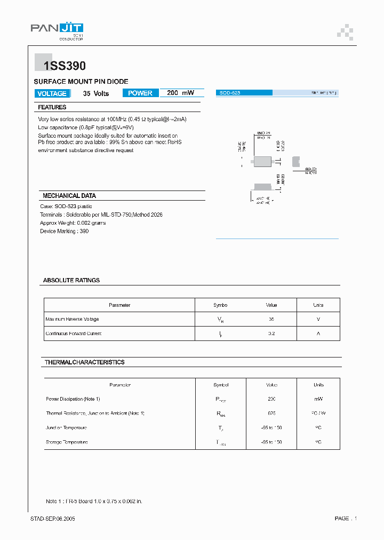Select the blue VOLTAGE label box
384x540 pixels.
coord(52,93)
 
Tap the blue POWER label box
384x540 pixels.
coord(140,93)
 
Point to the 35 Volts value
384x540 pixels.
coord(96,93)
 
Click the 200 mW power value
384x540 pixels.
coord(180,93)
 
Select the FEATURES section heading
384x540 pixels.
coord(52,107)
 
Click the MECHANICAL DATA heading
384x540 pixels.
coord(69,196)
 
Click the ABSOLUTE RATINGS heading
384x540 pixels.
coord(71,280)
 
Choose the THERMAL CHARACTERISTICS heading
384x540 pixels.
coord(85,362)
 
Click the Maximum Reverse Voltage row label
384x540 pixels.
coord(73,319)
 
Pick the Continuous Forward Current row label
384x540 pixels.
coord(74,333)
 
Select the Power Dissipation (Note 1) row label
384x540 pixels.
coord(73,399)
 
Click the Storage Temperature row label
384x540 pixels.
coord(67,442)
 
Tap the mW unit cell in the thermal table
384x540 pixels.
coord(318,399)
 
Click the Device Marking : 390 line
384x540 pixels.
coord(65,231)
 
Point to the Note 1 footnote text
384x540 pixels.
coord(94,501)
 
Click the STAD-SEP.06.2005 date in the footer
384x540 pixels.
coord(52,519)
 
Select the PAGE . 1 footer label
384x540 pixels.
coord(346,519)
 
